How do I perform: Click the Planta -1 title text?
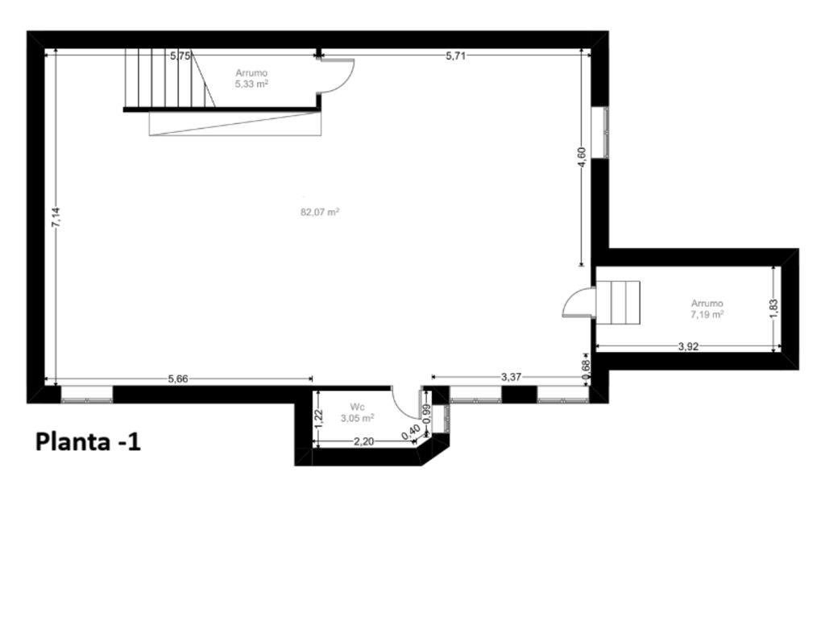click(x=88, y=442)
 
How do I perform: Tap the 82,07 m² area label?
click(x=319, y=212)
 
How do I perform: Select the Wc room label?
click(x=357, y=407)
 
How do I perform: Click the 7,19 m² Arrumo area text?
click(x=707, y=314)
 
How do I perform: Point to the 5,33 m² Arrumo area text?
click(x=251, y=84)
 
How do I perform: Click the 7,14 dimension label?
click(x=56, y=217)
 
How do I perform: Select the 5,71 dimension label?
click(x=456, y=56)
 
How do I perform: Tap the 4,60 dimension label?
click(x=582, y=157)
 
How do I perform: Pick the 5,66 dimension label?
click(x=178, y=379)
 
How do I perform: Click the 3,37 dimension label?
click(x=511, y=377)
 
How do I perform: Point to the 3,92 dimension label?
click(x=688, y=346)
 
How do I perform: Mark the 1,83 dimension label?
click(x=773, y=308)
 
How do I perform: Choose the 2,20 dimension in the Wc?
click(x=363, y=441)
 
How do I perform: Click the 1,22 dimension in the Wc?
click(x=317, y=419)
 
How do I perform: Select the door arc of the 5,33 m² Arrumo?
click(x=346, y=83)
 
